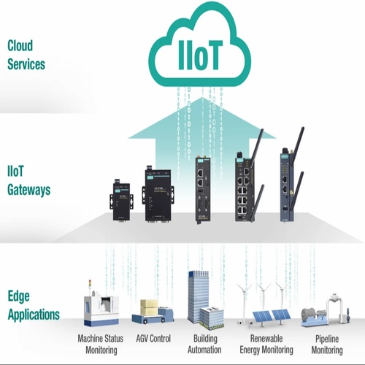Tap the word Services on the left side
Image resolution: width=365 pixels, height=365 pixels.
(x=26, y=64)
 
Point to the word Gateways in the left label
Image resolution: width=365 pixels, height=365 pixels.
(x=29, y=190)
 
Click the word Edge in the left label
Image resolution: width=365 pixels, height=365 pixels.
(x=19, y=297)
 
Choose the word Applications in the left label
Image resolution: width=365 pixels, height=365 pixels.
(x=34, y=315)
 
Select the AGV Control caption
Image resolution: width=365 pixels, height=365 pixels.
(x=153, y=339)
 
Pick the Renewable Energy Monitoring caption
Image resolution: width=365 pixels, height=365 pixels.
(x=266, y=343)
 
